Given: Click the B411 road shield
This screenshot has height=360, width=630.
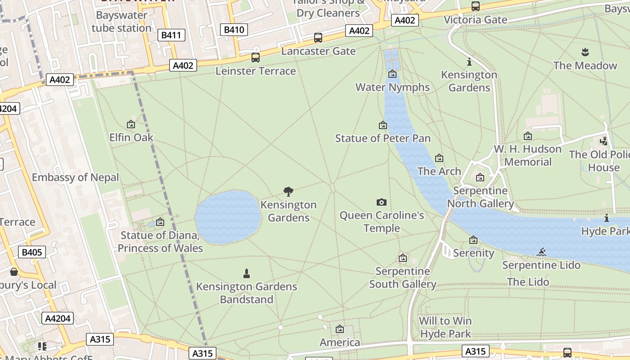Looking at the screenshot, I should (171, 35).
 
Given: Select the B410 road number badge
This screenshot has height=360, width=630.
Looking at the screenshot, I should (234, 30).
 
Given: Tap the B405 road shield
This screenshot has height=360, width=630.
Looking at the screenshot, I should (32, 252).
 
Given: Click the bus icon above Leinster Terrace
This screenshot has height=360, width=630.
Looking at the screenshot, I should (256, 57).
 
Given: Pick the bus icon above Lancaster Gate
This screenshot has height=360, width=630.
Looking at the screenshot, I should (318, 38).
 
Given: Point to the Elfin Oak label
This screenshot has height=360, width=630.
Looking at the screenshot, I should (131, 137).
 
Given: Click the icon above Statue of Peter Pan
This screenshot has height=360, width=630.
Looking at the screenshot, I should (383, 125).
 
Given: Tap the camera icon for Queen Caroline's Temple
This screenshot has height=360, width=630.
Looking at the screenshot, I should (382, 202).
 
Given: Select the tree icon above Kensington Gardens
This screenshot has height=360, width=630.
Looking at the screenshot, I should (288, 192).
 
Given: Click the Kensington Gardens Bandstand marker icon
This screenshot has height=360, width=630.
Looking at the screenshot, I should (246, 273).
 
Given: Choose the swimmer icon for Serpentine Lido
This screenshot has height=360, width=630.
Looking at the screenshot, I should (542, 252).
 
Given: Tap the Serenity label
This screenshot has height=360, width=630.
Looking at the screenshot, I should (473, 253).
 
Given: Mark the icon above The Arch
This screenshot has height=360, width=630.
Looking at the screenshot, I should (439, 158).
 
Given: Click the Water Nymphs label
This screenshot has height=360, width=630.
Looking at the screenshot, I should (392, 87).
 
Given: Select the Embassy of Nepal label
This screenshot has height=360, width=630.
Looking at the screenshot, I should (76, 177).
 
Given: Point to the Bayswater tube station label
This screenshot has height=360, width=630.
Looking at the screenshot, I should (121, 22).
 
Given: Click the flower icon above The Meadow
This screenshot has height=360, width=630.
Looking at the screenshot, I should (585, 52).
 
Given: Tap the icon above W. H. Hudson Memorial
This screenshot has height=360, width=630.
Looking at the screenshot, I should (528, 136).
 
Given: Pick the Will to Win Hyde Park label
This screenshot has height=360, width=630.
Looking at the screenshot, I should (445, 327).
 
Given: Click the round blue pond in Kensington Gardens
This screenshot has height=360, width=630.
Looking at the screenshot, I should (228, 217).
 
